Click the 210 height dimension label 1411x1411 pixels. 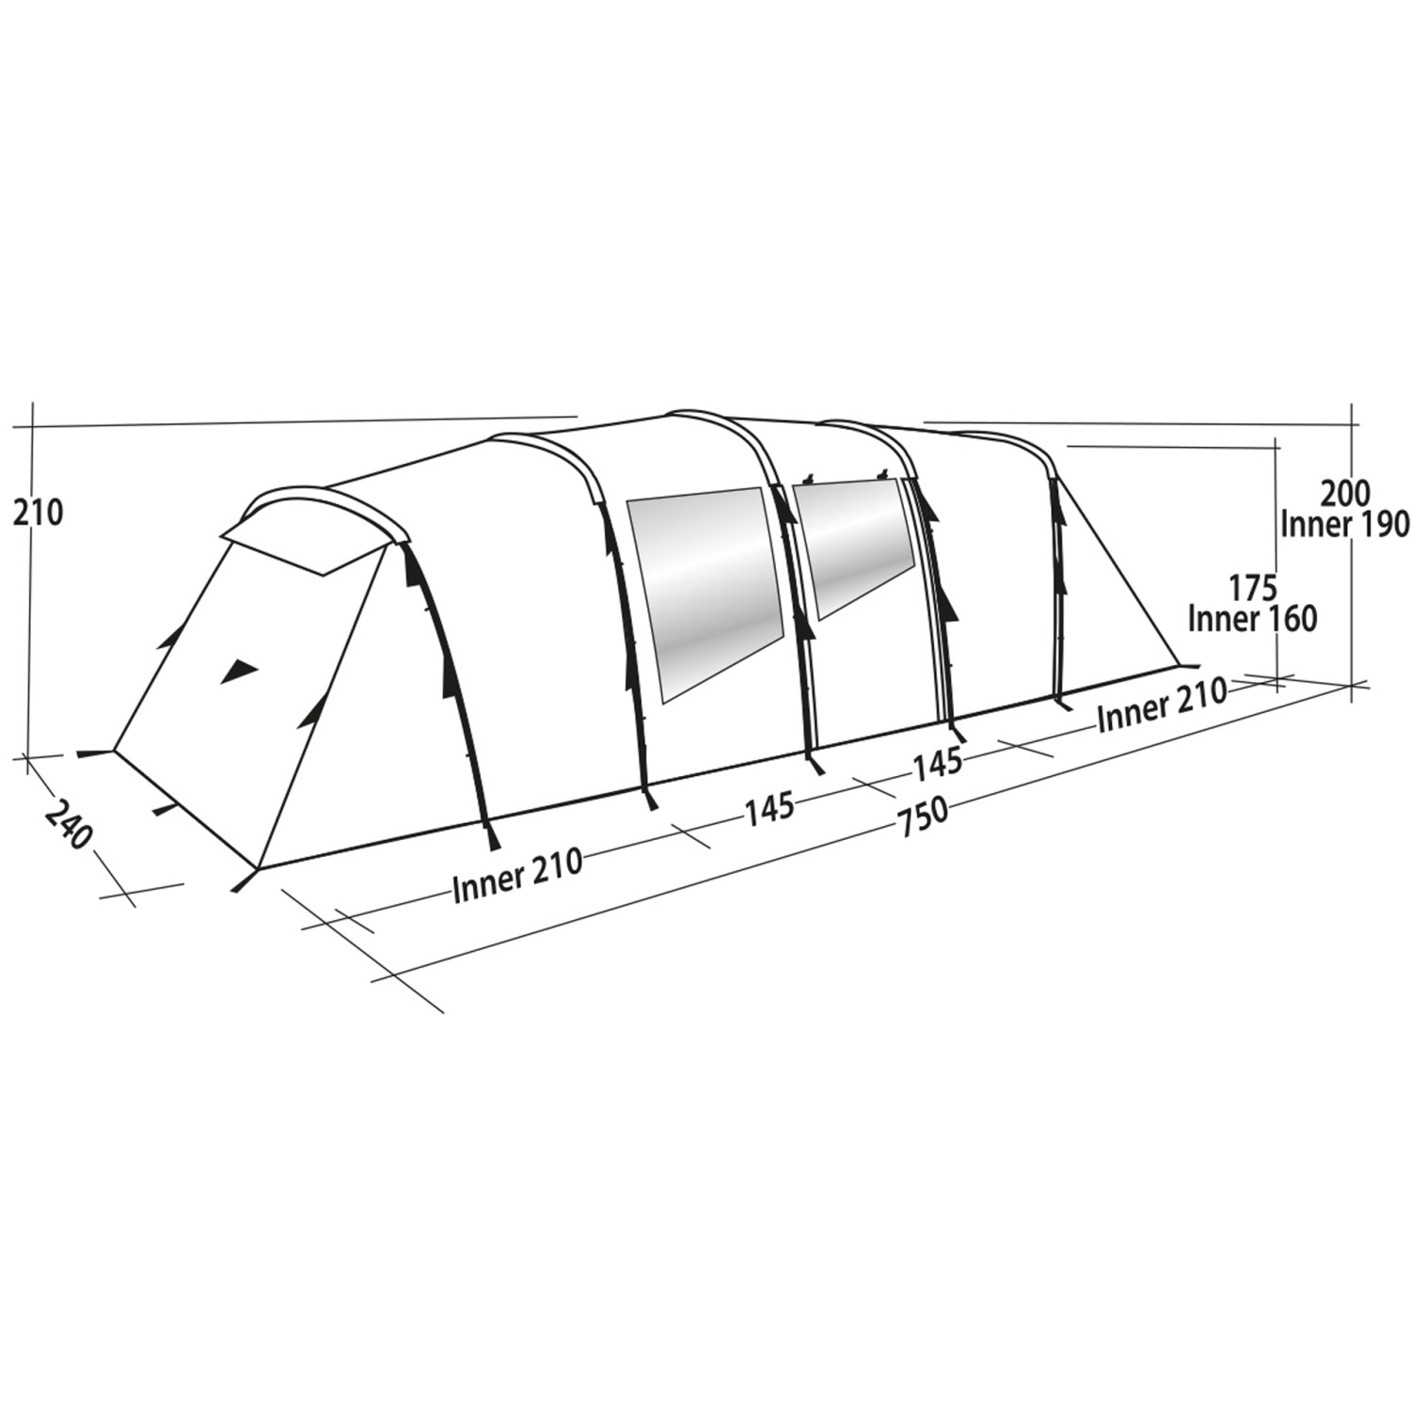tap(38, 513)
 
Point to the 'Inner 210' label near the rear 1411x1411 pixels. tap(1175, 704)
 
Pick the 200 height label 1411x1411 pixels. tap(1346, 493)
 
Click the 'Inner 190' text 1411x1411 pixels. tap(1344, 525)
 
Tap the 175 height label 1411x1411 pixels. tap(1252, 588)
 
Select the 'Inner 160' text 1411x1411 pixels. tap(1252, 619)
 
